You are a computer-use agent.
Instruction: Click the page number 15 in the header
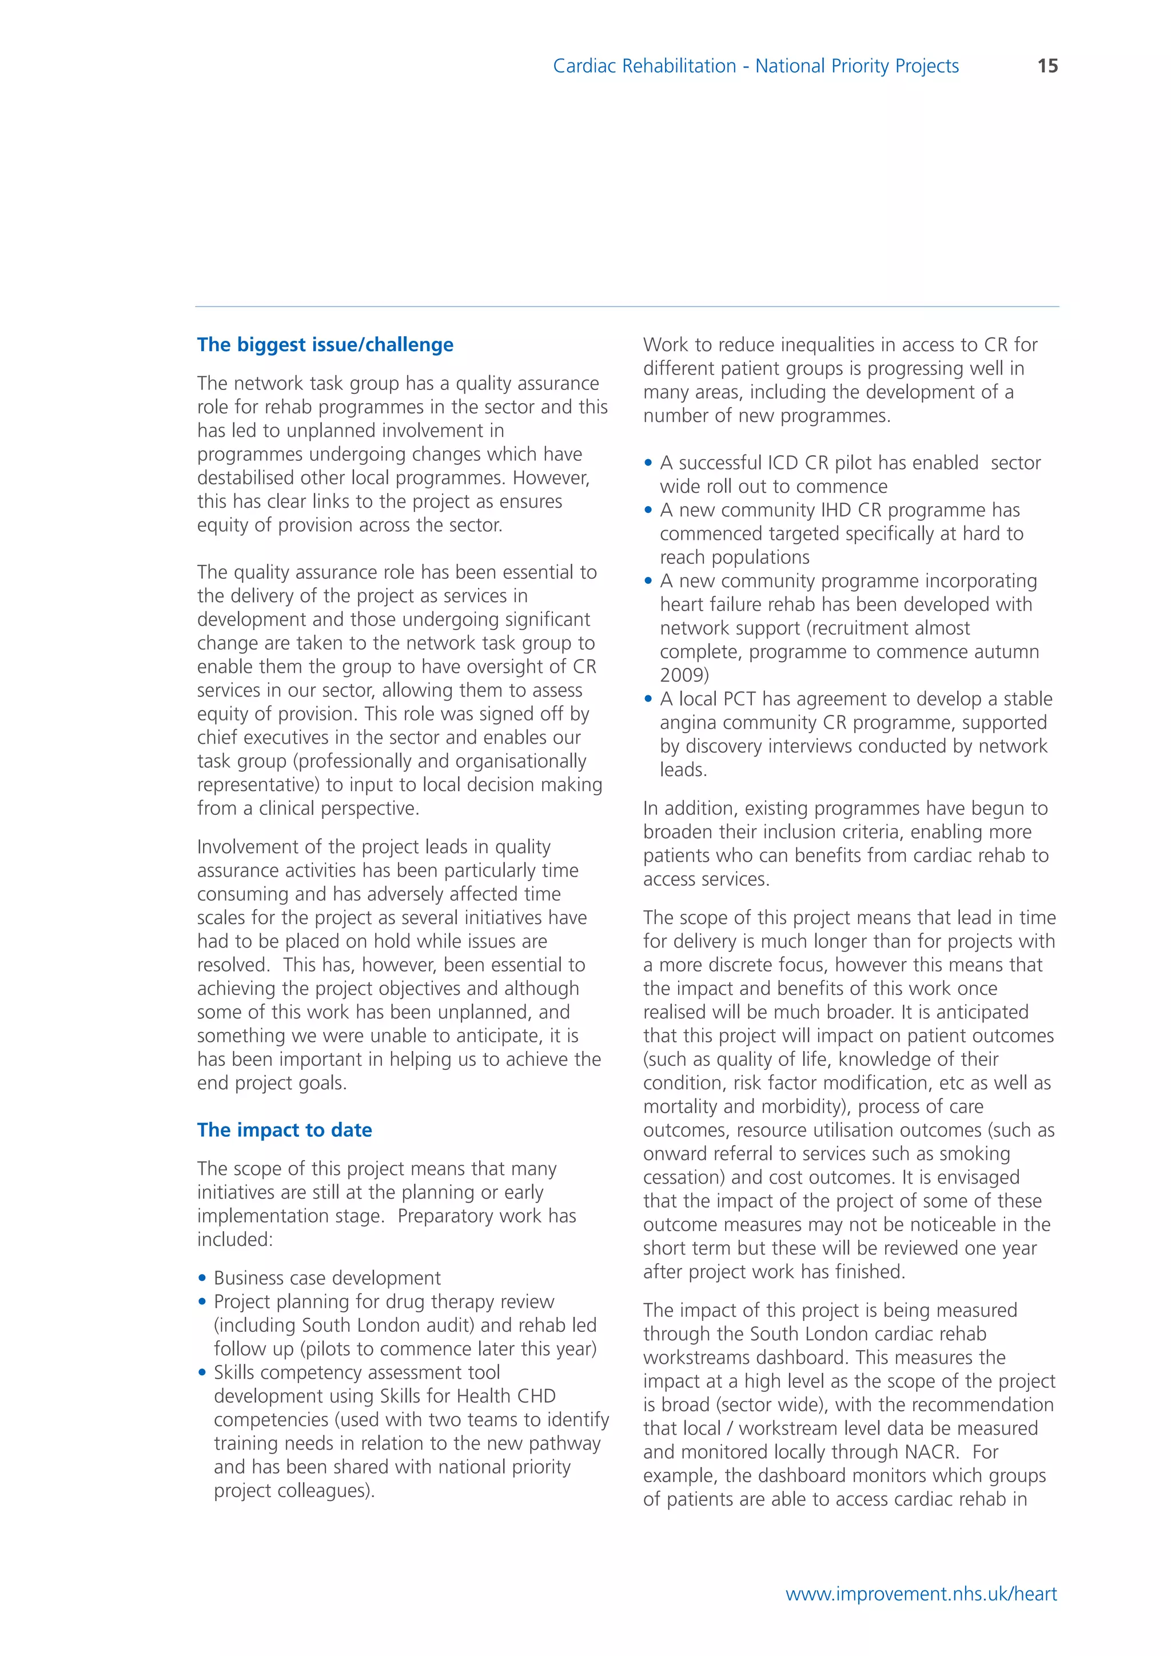pyautogui.click(x=1047, y=66)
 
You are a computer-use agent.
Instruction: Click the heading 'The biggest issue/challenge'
pyautogui.click(x=325, y=345)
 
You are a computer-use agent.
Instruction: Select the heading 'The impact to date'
pyautogui.click(x=285, y=1129)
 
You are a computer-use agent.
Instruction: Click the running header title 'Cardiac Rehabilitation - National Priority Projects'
pyautogui.click(x=756, y=66)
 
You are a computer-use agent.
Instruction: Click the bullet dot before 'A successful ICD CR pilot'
pyautogui.click(x=648, y=463)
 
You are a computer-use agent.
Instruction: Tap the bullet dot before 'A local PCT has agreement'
pyautogui.click(x=648, y=699)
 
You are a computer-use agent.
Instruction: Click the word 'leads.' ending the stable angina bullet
pyautogui.click(x=683, y=770)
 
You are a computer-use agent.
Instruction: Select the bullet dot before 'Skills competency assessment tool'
pyautogui.click(x=202, y=1372)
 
